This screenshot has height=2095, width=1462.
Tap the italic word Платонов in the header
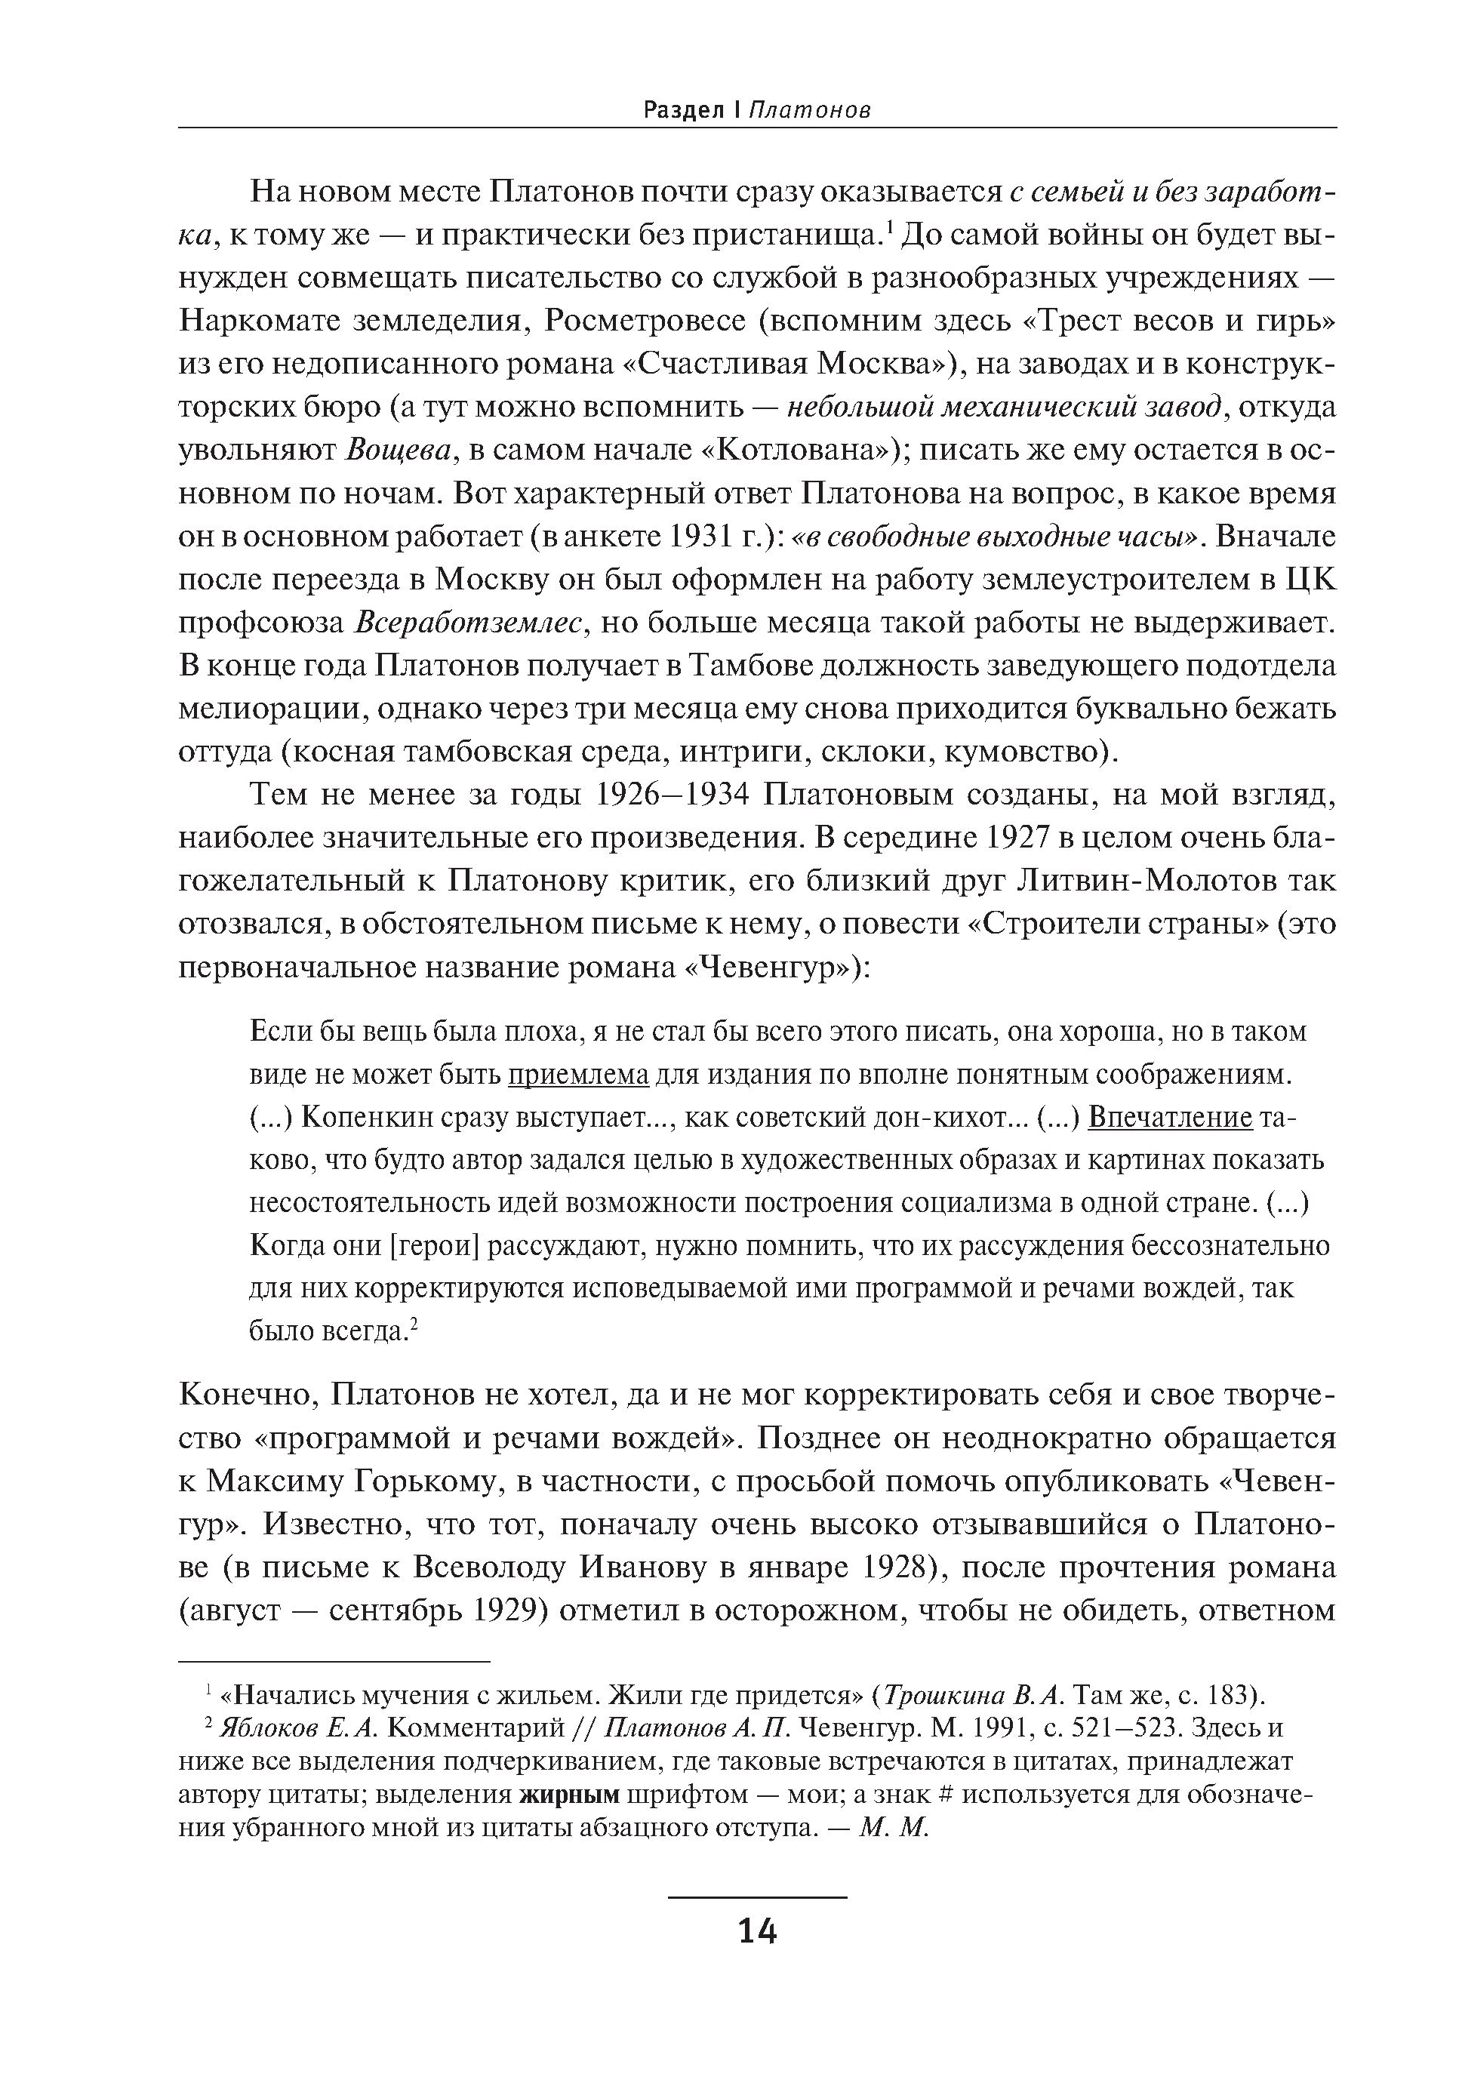point(808,110)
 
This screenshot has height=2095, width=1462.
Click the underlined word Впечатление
point(1171,1117)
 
